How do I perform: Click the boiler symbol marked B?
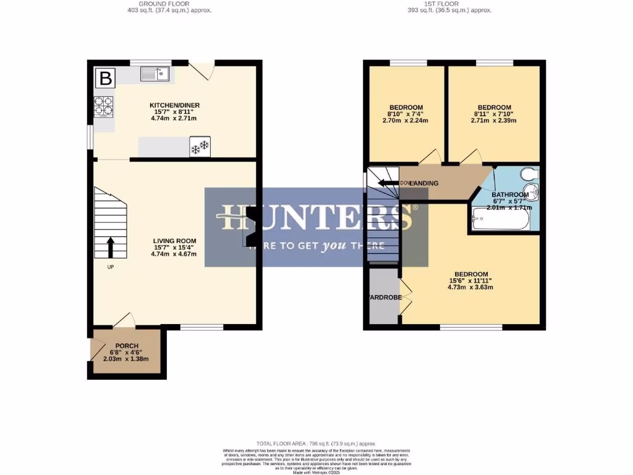pos(106,79)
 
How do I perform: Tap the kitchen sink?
pos(155,74)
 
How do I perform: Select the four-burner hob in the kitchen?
pos(103,106)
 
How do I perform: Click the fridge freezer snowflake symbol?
pos(200,147)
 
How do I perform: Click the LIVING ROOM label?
pos(175,241)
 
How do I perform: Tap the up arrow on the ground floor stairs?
pos(111,247)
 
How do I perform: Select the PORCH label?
pos(126,346)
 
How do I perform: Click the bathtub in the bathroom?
pos(501,219)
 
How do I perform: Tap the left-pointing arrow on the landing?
pos(388,183)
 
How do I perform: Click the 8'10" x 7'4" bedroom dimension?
pos(406,114)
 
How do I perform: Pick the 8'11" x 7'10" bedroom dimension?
pos(493,114)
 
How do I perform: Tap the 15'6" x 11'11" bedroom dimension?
pos(471,281)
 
